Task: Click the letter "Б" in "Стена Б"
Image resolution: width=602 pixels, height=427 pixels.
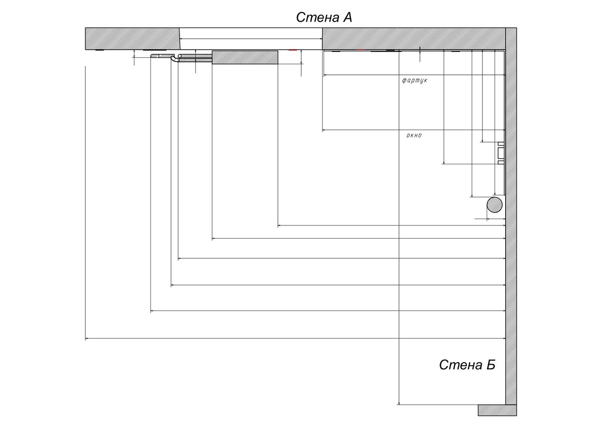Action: (x=490, y=365)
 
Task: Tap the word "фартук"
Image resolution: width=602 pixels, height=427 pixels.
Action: (x=414, y=80)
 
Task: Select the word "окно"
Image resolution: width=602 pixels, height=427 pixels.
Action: (x=414, y=135)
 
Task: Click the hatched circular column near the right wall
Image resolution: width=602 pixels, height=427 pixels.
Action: (x=495, y=205)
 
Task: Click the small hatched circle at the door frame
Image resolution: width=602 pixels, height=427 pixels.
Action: (x=180, y=56)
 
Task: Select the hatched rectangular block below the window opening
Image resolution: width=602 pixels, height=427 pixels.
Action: (x=245, y=57)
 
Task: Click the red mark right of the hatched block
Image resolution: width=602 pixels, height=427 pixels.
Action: (x=292, y=50)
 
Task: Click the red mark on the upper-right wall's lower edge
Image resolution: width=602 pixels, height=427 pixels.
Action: (x=361, y=50)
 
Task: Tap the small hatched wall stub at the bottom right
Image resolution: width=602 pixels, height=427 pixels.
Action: (x=497, y=410)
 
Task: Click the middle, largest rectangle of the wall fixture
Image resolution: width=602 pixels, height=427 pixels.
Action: (x=501, y=153)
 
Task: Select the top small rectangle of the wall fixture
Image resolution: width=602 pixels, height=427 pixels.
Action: (x=501, y=144)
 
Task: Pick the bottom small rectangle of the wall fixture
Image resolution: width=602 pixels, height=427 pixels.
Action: (x=501, y=162)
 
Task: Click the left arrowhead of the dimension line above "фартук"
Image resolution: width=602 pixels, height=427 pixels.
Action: (x=325, y=75)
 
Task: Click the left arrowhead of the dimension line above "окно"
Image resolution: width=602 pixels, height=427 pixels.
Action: (x=324, y=130)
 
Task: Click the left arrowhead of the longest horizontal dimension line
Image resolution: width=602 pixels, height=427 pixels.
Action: (x=87, y=338)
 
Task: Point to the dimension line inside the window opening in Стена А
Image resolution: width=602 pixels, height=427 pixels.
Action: (x=251, y=39)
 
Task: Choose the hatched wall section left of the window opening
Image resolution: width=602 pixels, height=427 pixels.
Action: (x=132, y=39)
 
